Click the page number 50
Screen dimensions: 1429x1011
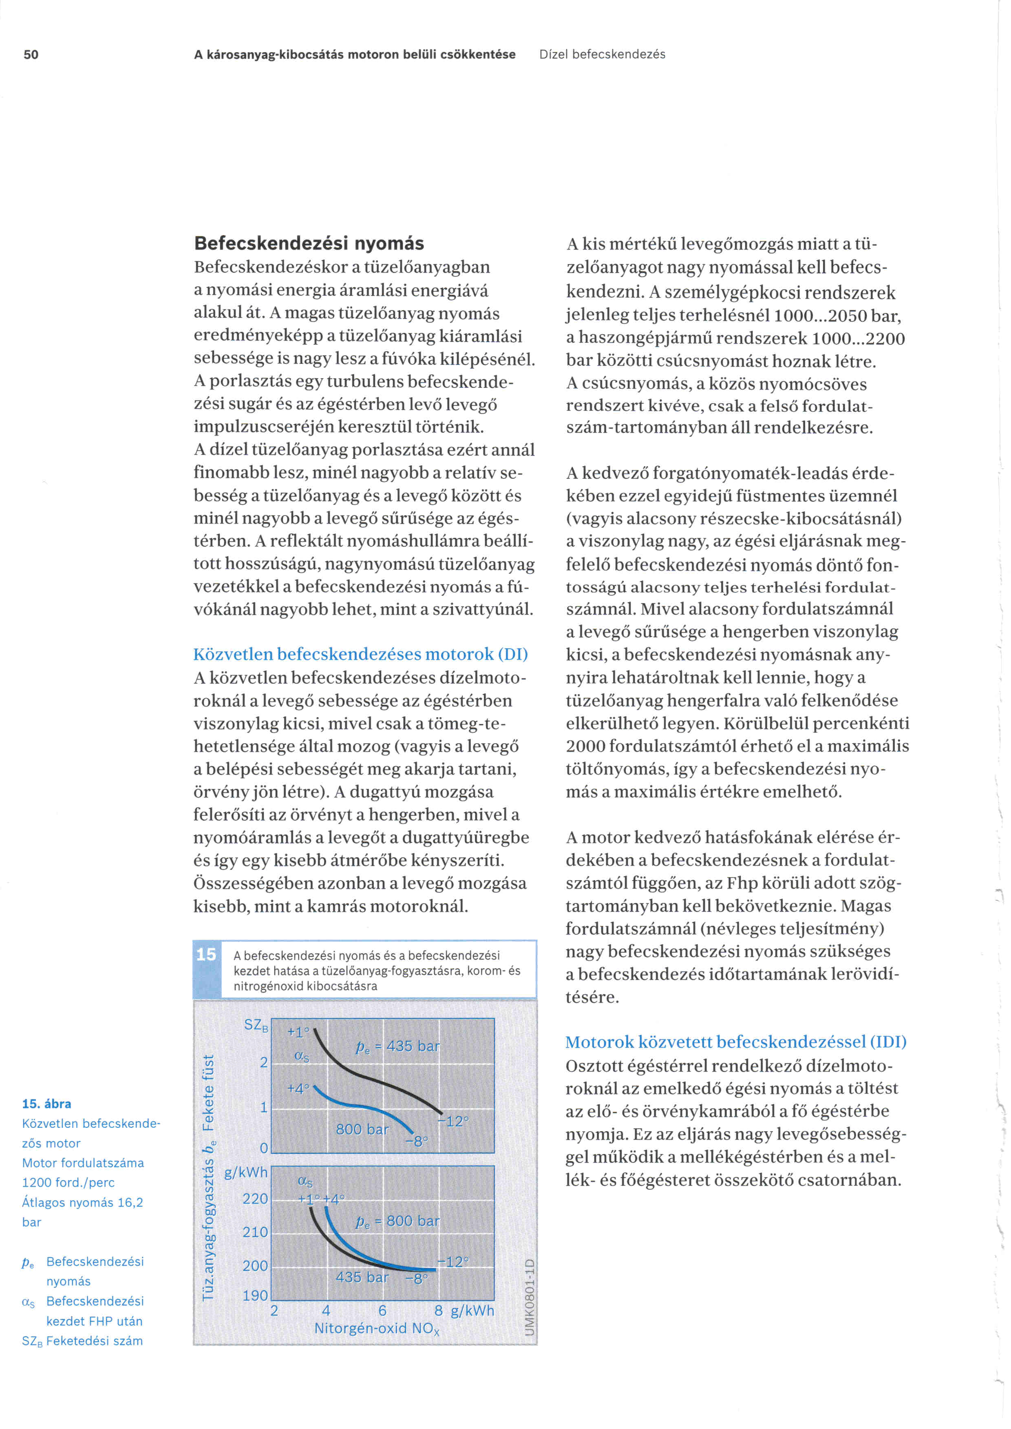click(31, 55)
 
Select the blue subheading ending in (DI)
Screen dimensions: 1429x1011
click(360, 654)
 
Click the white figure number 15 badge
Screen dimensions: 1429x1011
click(206, 955)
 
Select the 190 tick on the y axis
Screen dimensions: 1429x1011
click(255, 1296)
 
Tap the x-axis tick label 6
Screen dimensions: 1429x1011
click(382, 1311)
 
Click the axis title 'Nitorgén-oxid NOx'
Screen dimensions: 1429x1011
click(377, 1329)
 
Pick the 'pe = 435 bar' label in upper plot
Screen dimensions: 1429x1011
click(397, 1047)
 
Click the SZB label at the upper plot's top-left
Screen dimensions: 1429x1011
click(256, 1025)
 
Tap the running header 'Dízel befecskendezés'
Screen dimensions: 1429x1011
click(602, 55)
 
